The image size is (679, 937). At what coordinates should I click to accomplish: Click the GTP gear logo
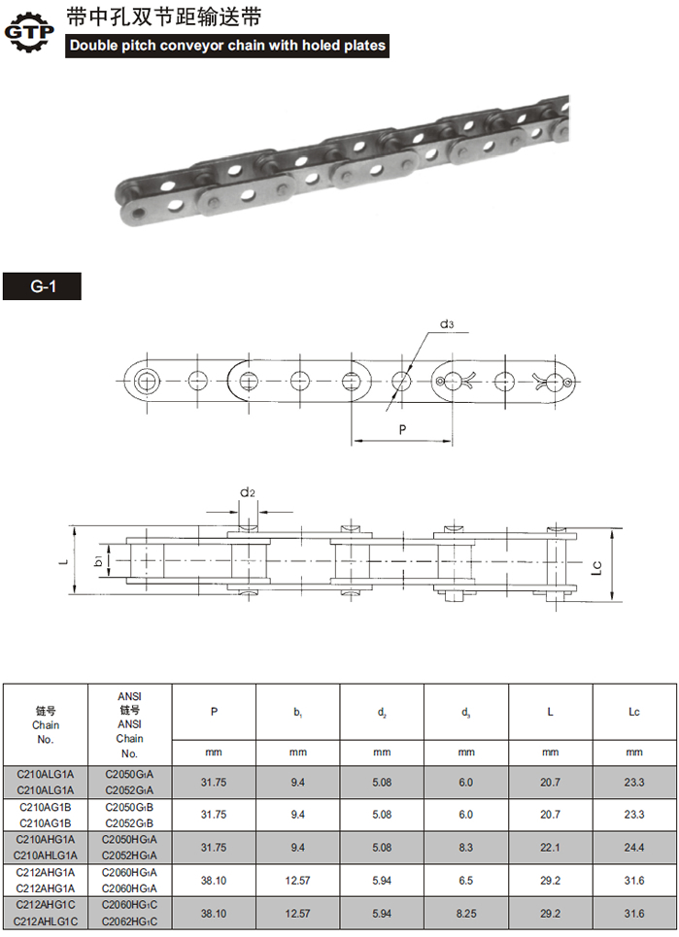click(x=29, y=30)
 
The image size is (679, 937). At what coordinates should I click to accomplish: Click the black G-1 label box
click(x=42, y=286)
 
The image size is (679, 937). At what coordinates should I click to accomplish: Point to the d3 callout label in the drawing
click(x=447, y=324)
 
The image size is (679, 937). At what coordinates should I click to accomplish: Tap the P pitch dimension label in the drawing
click(x=402, y=429)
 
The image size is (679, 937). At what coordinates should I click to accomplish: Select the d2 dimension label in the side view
click(x=248, y=492)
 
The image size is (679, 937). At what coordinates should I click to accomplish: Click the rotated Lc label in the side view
click(x=596, y=566)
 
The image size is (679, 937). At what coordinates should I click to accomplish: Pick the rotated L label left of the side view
click(x=64, y=560)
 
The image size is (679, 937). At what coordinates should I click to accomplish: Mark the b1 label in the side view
click(x=99, y=560)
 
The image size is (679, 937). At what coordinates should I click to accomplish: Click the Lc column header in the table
click(x=634, y=712)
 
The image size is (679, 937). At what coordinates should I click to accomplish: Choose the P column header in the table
click(x=214, y=712)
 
